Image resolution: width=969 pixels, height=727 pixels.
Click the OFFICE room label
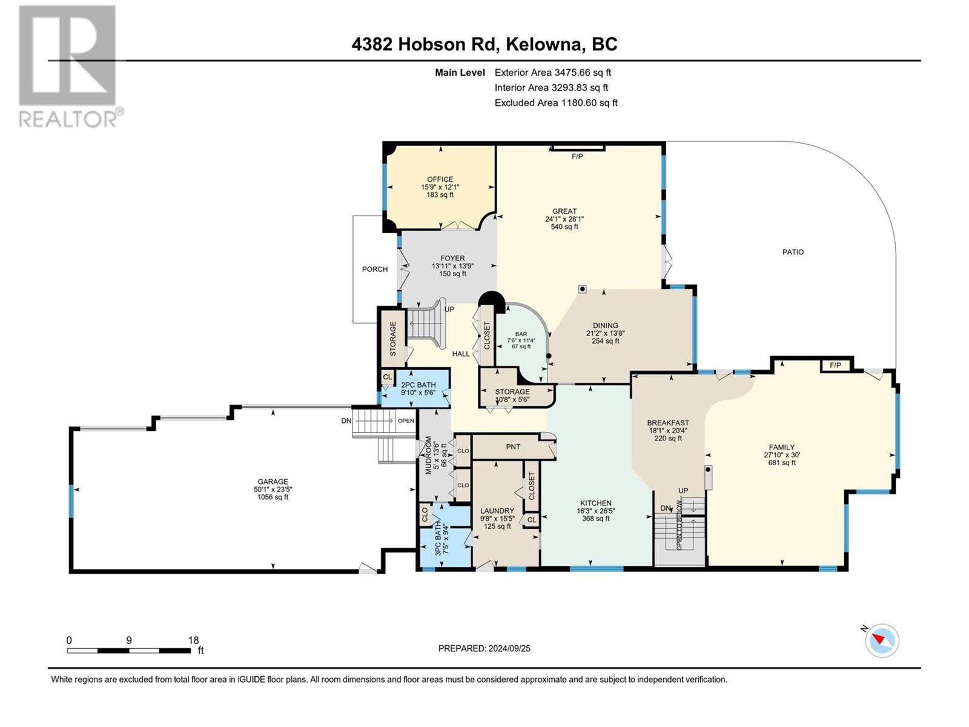tap(440, 179)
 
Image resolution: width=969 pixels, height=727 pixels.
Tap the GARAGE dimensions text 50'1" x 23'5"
tap(273, 490)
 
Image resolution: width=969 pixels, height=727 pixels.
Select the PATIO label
tap(793, 252)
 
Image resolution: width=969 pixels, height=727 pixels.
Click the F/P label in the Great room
tap(577, 157)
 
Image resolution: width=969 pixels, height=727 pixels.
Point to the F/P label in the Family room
tap(835, 365)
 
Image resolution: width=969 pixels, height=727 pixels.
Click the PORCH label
tap(375, 269)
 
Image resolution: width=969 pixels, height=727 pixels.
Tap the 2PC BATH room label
tap(418, 385)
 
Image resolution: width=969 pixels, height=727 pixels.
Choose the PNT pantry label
tap(513, 446)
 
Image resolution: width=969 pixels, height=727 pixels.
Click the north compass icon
tap(882, 640)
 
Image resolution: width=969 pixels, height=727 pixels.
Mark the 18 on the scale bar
tap(193, 640)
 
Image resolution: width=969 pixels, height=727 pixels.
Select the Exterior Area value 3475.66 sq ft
tap(583, 72)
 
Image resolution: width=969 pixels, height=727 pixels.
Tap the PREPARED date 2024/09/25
tap(509, 648)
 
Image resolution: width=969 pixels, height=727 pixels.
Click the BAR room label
tap(521, 334)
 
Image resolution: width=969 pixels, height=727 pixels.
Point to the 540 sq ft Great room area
tap(564, 227)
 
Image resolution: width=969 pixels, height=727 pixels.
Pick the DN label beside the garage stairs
tap(346, 420)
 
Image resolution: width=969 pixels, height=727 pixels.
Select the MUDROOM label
tap(428, 454)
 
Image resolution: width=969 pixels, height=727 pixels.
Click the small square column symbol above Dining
tap(582, 289)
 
